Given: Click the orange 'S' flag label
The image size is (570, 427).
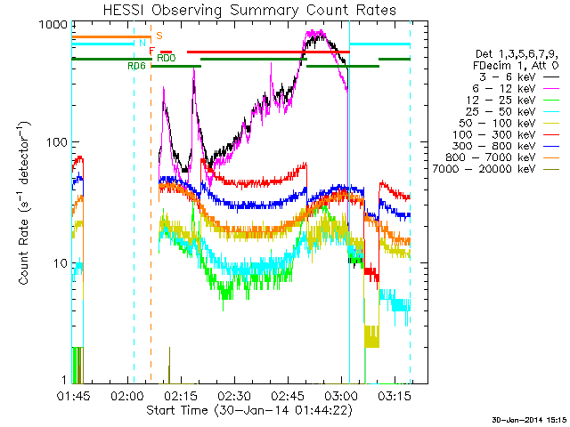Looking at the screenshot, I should pyautogui.click(x=159, y=36).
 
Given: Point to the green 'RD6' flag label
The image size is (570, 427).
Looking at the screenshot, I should pyautogui.click(x=136, y=66).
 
